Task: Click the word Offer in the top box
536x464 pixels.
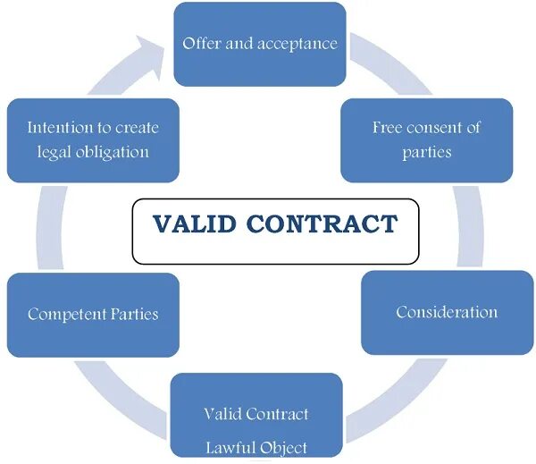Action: click(199, 43)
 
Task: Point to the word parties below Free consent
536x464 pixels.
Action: click(427, 151)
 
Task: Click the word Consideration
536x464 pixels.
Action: click(447, 312)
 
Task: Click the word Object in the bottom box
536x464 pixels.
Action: click(284, 447)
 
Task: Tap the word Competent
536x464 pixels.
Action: click(67, 314)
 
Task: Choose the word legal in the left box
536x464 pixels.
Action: click(53, 151)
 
